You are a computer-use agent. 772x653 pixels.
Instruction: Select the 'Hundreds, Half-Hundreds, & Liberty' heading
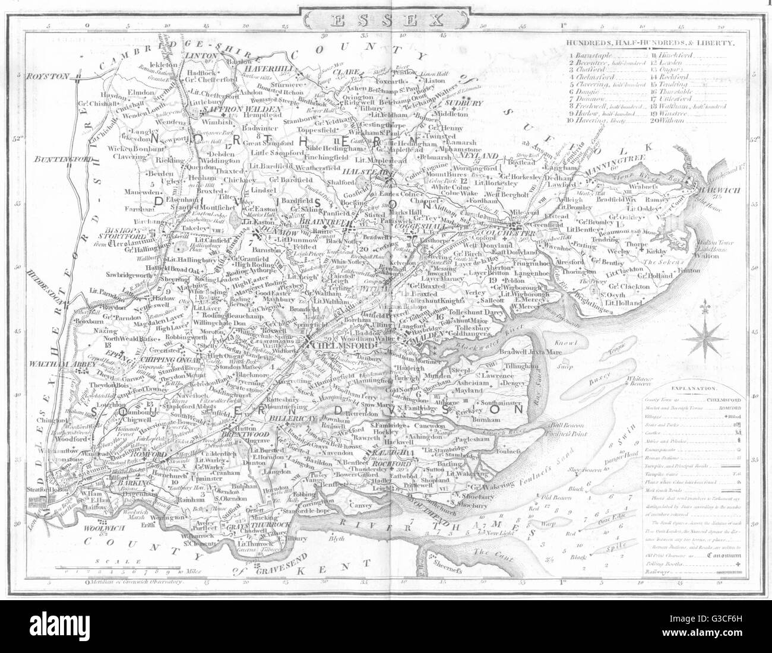650,43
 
